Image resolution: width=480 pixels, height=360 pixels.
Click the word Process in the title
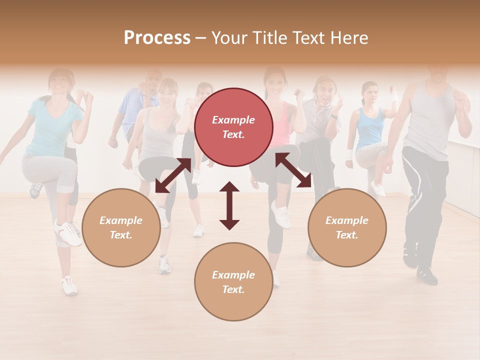point(157,37)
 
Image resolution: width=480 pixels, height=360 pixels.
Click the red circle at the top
point(233,127)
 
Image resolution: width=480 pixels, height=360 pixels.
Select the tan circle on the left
point(121,227)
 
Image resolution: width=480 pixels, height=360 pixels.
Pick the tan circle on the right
point(347,227)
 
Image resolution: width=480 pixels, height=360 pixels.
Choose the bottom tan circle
point(233,282)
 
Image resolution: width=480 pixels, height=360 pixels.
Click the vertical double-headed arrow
point(229,205)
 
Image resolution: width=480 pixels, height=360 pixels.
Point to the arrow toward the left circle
point(173,175)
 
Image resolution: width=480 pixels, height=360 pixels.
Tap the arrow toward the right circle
point(293,170)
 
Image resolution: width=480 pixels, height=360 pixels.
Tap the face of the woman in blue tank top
point(369,93)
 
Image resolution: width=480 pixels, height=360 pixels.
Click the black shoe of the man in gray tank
point(427,274)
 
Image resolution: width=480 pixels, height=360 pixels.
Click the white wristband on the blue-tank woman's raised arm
point(394,95)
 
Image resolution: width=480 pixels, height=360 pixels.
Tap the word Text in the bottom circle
point(233,289)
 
